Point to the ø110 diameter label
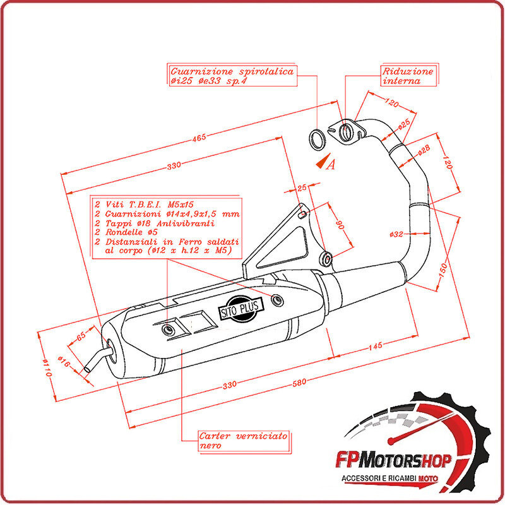[x=46, y=367]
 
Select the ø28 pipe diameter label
[x=424, y=148]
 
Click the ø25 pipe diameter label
[x=405, y=124]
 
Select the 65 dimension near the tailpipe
[x=80, y=336]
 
